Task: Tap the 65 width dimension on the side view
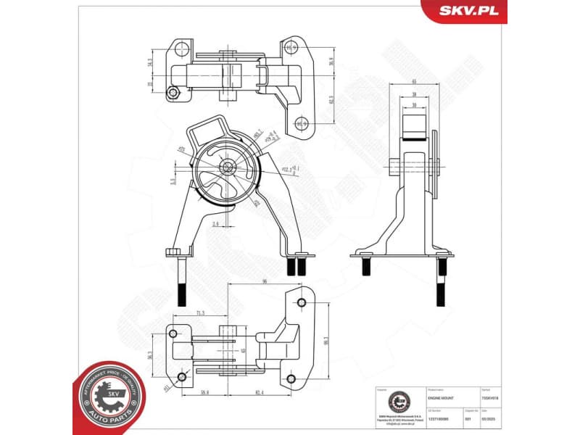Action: [x=413, y=82]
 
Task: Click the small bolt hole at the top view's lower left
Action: [x=173, y=92]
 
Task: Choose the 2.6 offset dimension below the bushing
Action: [x=216, y=225]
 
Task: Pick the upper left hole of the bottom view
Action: [x=173, y=332]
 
